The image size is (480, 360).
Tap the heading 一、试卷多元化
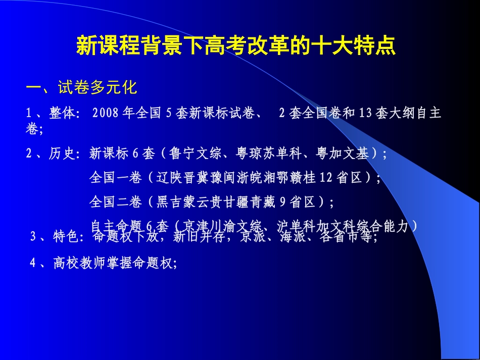pyautogui.click(x=81, y=88)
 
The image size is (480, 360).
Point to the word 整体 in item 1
pyautogui.click(x=62, y=113)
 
